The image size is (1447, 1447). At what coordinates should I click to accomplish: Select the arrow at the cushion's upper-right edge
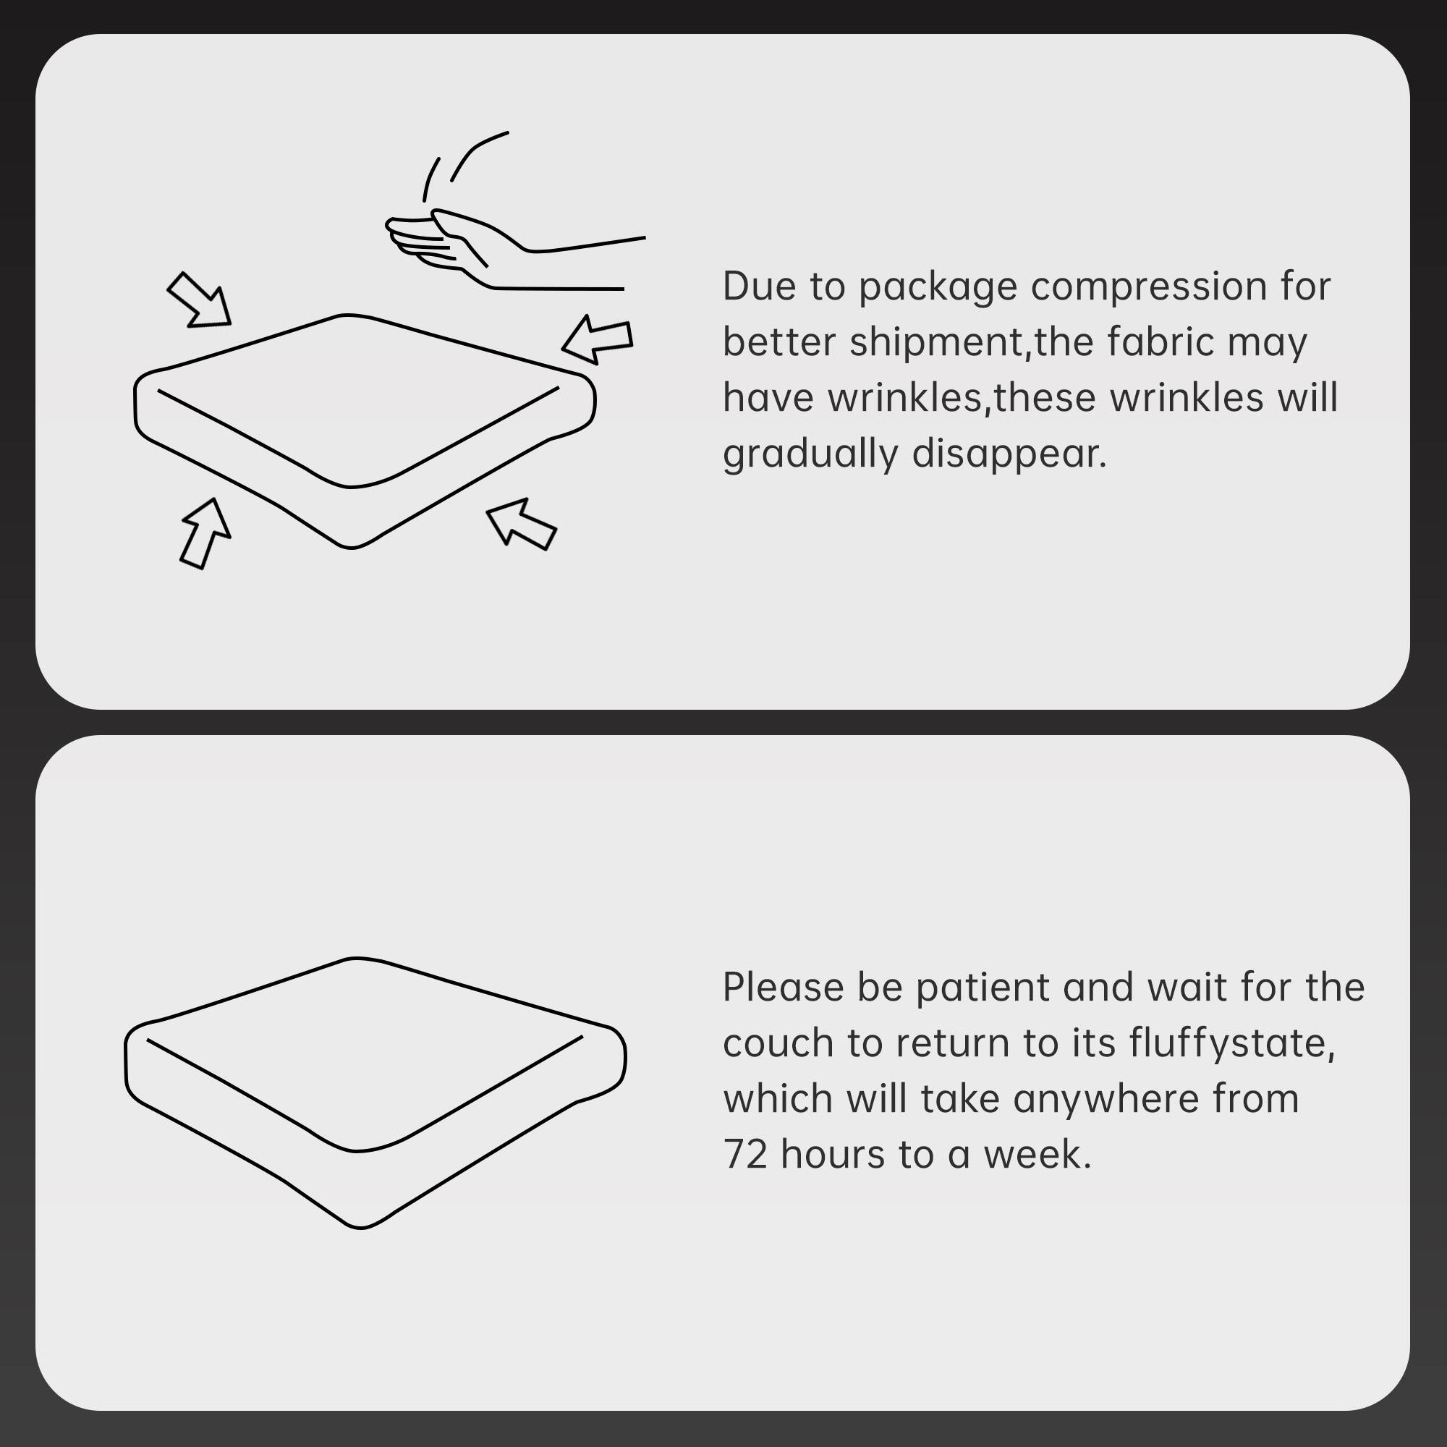tap(599, 339)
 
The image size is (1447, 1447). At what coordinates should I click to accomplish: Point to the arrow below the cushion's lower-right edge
tap(521, 525)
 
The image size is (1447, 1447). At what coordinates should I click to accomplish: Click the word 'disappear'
tap(1008, 454)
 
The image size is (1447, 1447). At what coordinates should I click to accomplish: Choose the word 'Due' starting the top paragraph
tap(759, 287)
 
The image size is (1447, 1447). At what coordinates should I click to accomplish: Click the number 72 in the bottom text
tap(745, 1154)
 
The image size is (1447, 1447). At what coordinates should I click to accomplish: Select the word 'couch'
tap(778, 1043)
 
